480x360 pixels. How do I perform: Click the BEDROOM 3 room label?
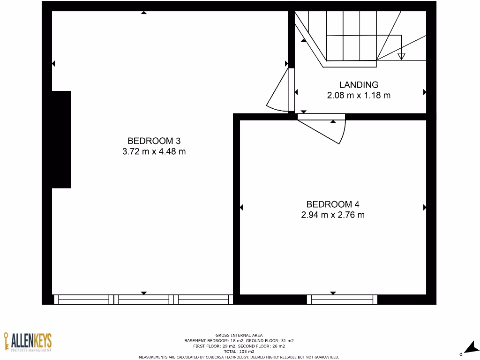[x=154, y=141]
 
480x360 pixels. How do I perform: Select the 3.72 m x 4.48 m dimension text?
[x=154, y=151]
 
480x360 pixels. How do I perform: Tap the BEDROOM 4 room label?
[x=333, y=204]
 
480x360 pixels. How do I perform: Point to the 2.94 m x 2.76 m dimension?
[x=333, y=215]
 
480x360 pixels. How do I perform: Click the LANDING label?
[x=359, y=85]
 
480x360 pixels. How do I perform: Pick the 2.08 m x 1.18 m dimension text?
[x=359, y=95]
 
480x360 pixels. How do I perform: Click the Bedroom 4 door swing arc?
[x=343, y=133]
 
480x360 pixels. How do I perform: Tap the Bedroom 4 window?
[x=342, y=300]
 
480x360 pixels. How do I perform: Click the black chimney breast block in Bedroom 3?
[x=61, y=140]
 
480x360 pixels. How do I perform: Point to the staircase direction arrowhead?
[x=401, y=56]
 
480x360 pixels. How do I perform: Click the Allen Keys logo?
[x=28, y=342]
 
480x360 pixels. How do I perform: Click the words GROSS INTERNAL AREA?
[x=239, y=335]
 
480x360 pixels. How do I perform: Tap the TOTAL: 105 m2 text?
[x=239, y=352]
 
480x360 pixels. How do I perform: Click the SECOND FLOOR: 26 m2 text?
[x=274, y=346]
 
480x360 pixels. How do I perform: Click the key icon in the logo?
[x=7, y=341]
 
